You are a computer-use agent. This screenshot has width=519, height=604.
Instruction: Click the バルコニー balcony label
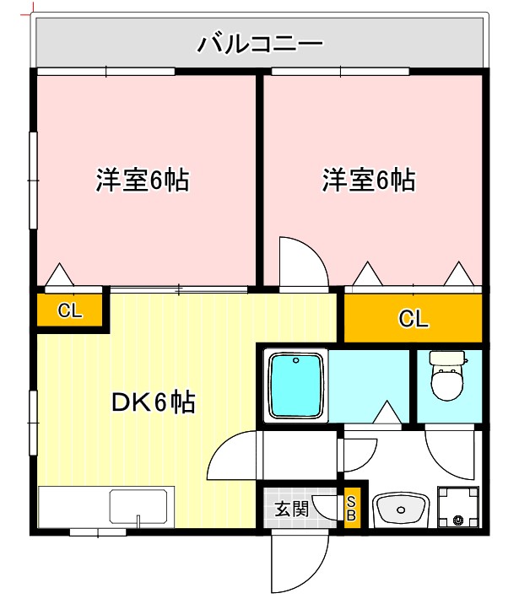[260, 43]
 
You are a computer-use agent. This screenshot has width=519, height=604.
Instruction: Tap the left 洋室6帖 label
[142, 180]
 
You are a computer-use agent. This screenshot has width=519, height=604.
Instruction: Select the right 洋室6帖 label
[369, 180]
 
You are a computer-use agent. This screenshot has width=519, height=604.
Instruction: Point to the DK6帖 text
[154, 403]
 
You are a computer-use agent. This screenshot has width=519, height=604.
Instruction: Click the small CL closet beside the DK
[70, 310]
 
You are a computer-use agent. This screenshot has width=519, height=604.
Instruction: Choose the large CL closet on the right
[413, 318]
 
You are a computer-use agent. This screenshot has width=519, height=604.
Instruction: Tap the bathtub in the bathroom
[295, 386]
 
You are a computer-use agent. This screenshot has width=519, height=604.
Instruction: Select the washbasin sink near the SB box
[400, 510]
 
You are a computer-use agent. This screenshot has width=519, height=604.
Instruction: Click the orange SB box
[352, 509]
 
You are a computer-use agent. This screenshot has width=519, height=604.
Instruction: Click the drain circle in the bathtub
[295, 362]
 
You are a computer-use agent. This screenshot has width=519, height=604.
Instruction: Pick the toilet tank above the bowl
[446, 358]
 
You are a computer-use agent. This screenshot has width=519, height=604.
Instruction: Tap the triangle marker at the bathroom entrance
[387, 413]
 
